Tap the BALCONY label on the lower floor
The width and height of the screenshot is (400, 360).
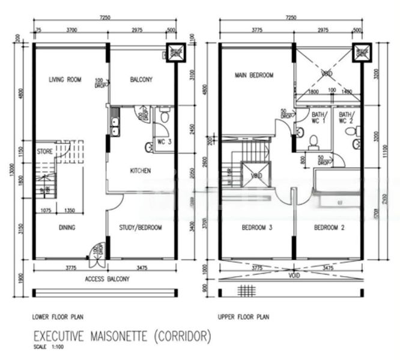141,79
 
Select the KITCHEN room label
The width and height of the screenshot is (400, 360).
141,171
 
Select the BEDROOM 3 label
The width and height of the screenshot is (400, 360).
257,228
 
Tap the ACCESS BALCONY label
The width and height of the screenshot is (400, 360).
105,279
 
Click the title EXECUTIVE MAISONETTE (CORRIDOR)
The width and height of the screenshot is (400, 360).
122,337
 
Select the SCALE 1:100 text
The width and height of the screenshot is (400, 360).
48,347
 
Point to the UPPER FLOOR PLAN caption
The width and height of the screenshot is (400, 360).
244,316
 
